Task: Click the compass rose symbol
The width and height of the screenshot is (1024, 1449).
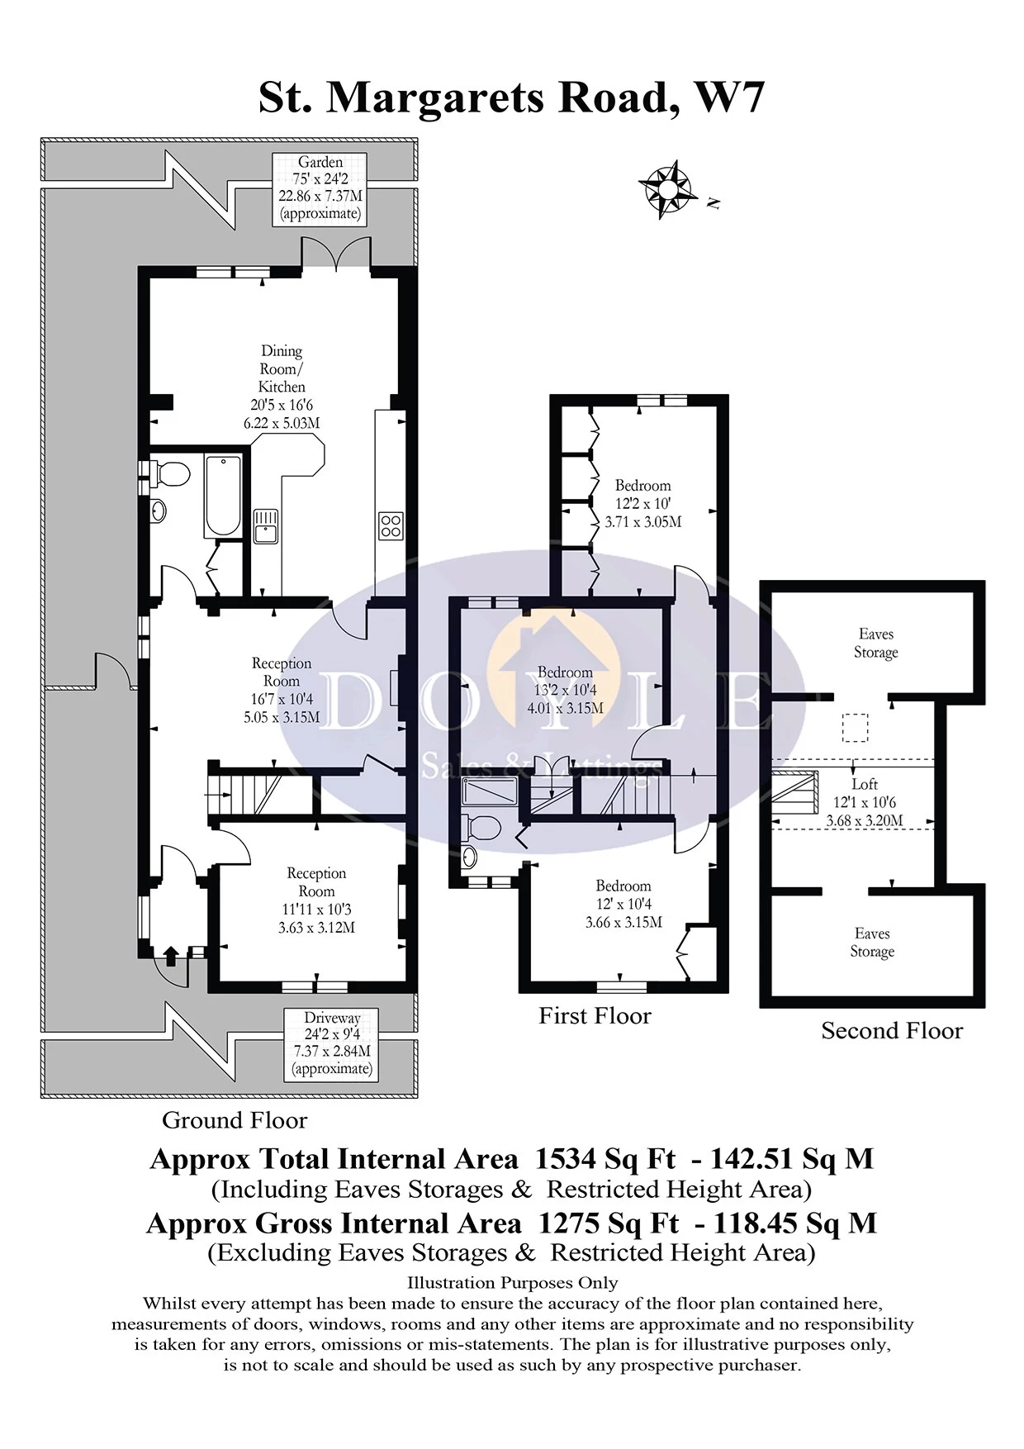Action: [665, 189]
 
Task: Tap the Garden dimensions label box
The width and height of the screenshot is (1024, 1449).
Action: [320, 189]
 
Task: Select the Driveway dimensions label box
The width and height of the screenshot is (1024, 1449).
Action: [332, 1043]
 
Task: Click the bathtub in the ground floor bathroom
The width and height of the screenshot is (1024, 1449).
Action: [223, 496]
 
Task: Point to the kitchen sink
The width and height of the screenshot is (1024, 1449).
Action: [265, 525]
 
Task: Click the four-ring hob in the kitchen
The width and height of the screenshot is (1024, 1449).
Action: [391, 525]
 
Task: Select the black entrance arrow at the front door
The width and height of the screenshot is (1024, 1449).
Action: [171, 957]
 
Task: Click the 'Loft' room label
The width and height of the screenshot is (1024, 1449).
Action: [865, 784]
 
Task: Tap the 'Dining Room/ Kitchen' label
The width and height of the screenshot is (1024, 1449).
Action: [282, 368]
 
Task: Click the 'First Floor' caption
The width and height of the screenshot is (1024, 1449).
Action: [595, 1016]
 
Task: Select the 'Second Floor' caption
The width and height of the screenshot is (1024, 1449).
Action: [892, 1031]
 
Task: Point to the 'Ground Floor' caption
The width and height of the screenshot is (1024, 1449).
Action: [235, 1120]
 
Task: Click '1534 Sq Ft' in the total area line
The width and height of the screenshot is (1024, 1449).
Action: [605, 1159]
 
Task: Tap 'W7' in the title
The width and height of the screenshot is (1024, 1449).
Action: [730, 97]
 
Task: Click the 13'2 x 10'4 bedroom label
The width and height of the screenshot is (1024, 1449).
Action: [566, 690]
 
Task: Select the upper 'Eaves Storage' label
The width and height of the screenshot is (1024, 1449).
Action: [875, 643]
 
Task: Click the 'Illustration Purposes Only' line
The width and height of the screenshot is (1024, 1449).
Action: [512, 1283]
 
